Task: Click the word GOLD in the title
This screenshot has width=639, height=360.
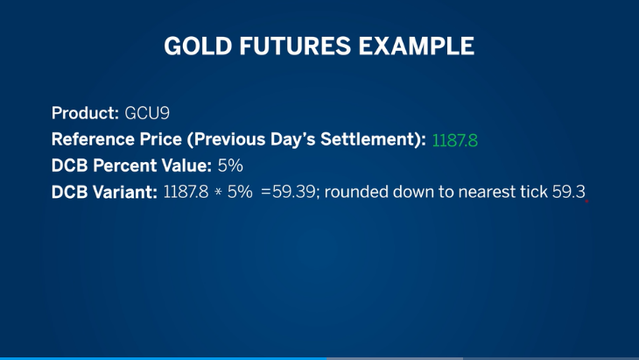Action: (198, 46)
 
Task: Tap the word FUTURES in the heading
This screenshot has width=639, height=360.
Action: (295, 46)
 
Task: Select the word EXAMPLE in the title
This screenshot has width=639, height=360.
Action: (417, 46)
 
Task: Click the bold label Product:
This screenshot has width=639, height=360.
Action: (85, 113)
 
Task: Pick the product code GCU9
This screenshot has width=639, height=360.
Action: (147, 113)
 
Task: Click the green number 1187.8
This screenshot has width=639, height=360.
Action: (455, 141)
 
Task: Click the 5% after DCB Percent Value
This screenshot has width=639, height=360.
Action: (230, 166)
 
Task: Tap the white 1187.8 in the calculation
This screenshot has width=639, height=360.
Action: (186, 192)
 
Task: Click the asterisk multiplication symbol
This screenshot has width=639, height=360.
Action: (218, 192)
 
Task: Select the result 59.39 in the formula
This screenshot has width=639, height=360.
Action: (294, 192)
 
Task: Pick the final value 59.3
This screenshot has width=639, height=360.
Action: (569, 192)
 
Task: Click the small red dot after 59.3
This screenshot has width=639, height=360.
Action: (586, 201)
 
